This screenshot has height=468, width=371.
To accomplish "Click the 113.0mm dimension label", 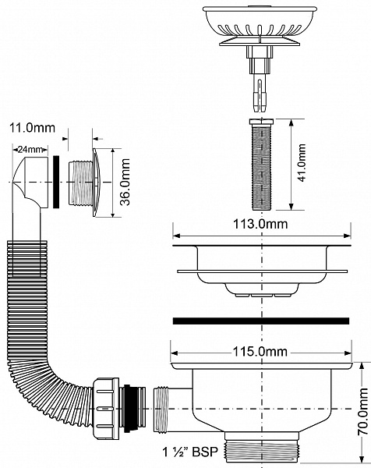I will pyautogui.click(x=260, y=225).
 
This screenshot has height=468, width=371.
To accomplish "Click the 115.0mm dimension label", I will pyautogui.click(x=260, y=353).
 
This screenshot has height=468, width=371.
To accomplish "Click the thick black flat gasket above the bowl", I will pyautogui.click(x=260, y=320).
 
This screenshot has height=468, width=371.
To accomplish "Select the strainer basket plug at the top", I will pyautogui.click(x=260, y=19).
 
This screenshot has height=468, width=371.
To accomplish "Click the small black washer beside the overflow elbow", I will pyautogui.click(x=58, y=181).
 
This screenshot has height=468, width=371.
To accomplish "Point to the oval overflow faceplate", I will pyautogui.click(x=94, y=181).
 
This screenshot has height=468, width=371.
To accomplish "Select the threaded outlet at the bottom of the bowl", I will pyautogui.click(x=260, y=451).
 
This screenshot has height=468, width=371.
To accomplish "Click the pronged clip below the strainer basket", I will pyautogui.click(x=260, y=86).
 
